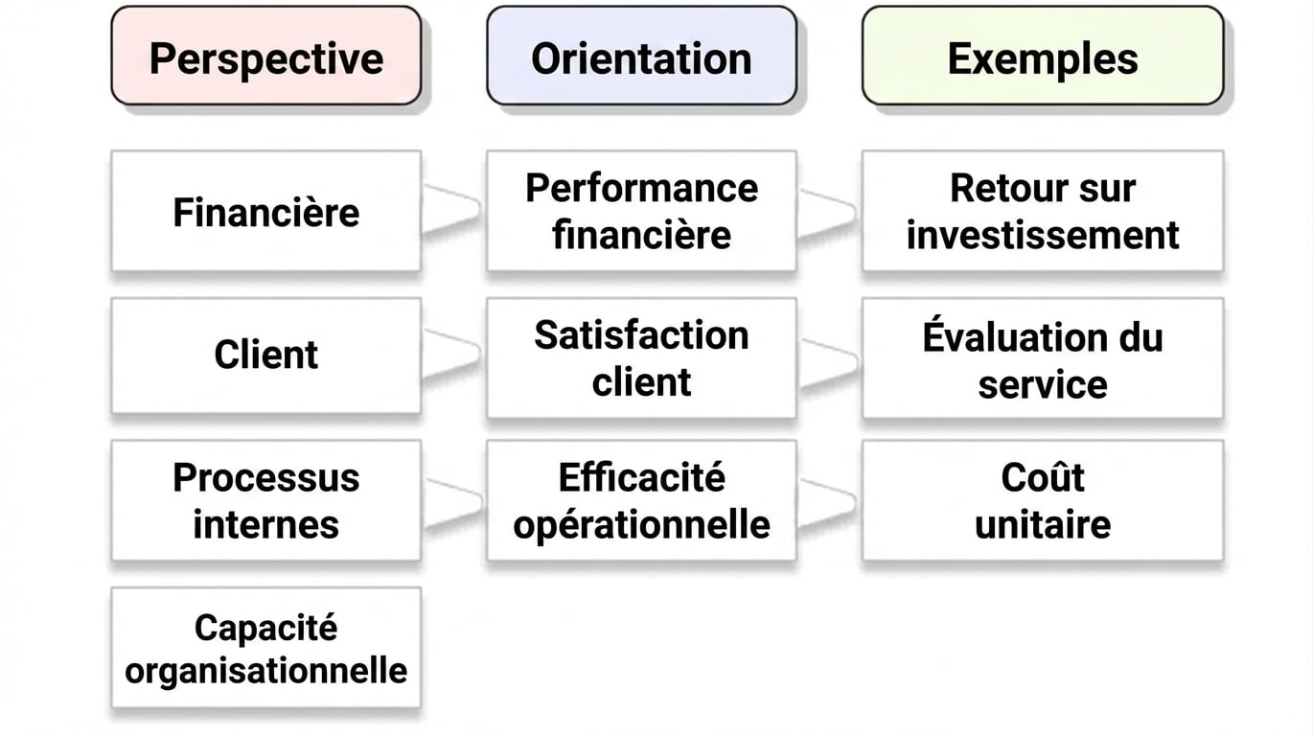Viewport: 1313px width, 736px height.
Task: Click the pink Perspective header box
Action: point(266,56)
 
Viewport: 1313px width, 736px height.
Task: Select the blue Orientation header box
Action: point(641,56)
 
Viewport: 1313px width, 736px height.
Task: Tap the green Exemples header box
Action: point(1043,56)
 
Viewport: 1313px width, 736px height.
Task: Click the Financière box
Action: point(266,211)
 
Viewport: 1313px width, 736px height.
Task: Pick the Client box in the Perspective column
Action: point(266,356)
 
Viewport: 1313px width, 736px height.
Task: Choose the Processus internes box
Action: point(266,500)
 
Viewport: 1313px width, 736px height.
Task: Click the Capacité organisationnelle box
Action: point(266,648)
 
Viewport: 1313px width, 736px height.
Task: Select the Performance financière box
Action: point(641,211)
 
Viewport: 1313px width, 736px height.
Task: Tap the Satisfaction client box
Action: point(641,358)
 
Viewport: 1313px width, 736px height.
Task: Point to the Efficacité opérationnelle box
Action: point(641,500)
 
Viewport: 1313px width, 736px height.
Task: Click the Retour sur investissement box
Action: point(1043,211)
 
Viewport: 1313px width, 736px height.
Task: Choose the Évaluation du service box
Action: point(1043,358)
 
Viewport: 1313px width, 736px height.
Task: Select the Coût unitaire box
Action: point(1043,500)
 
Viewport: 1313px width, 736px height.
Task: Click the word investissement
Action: point(1043,235)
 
